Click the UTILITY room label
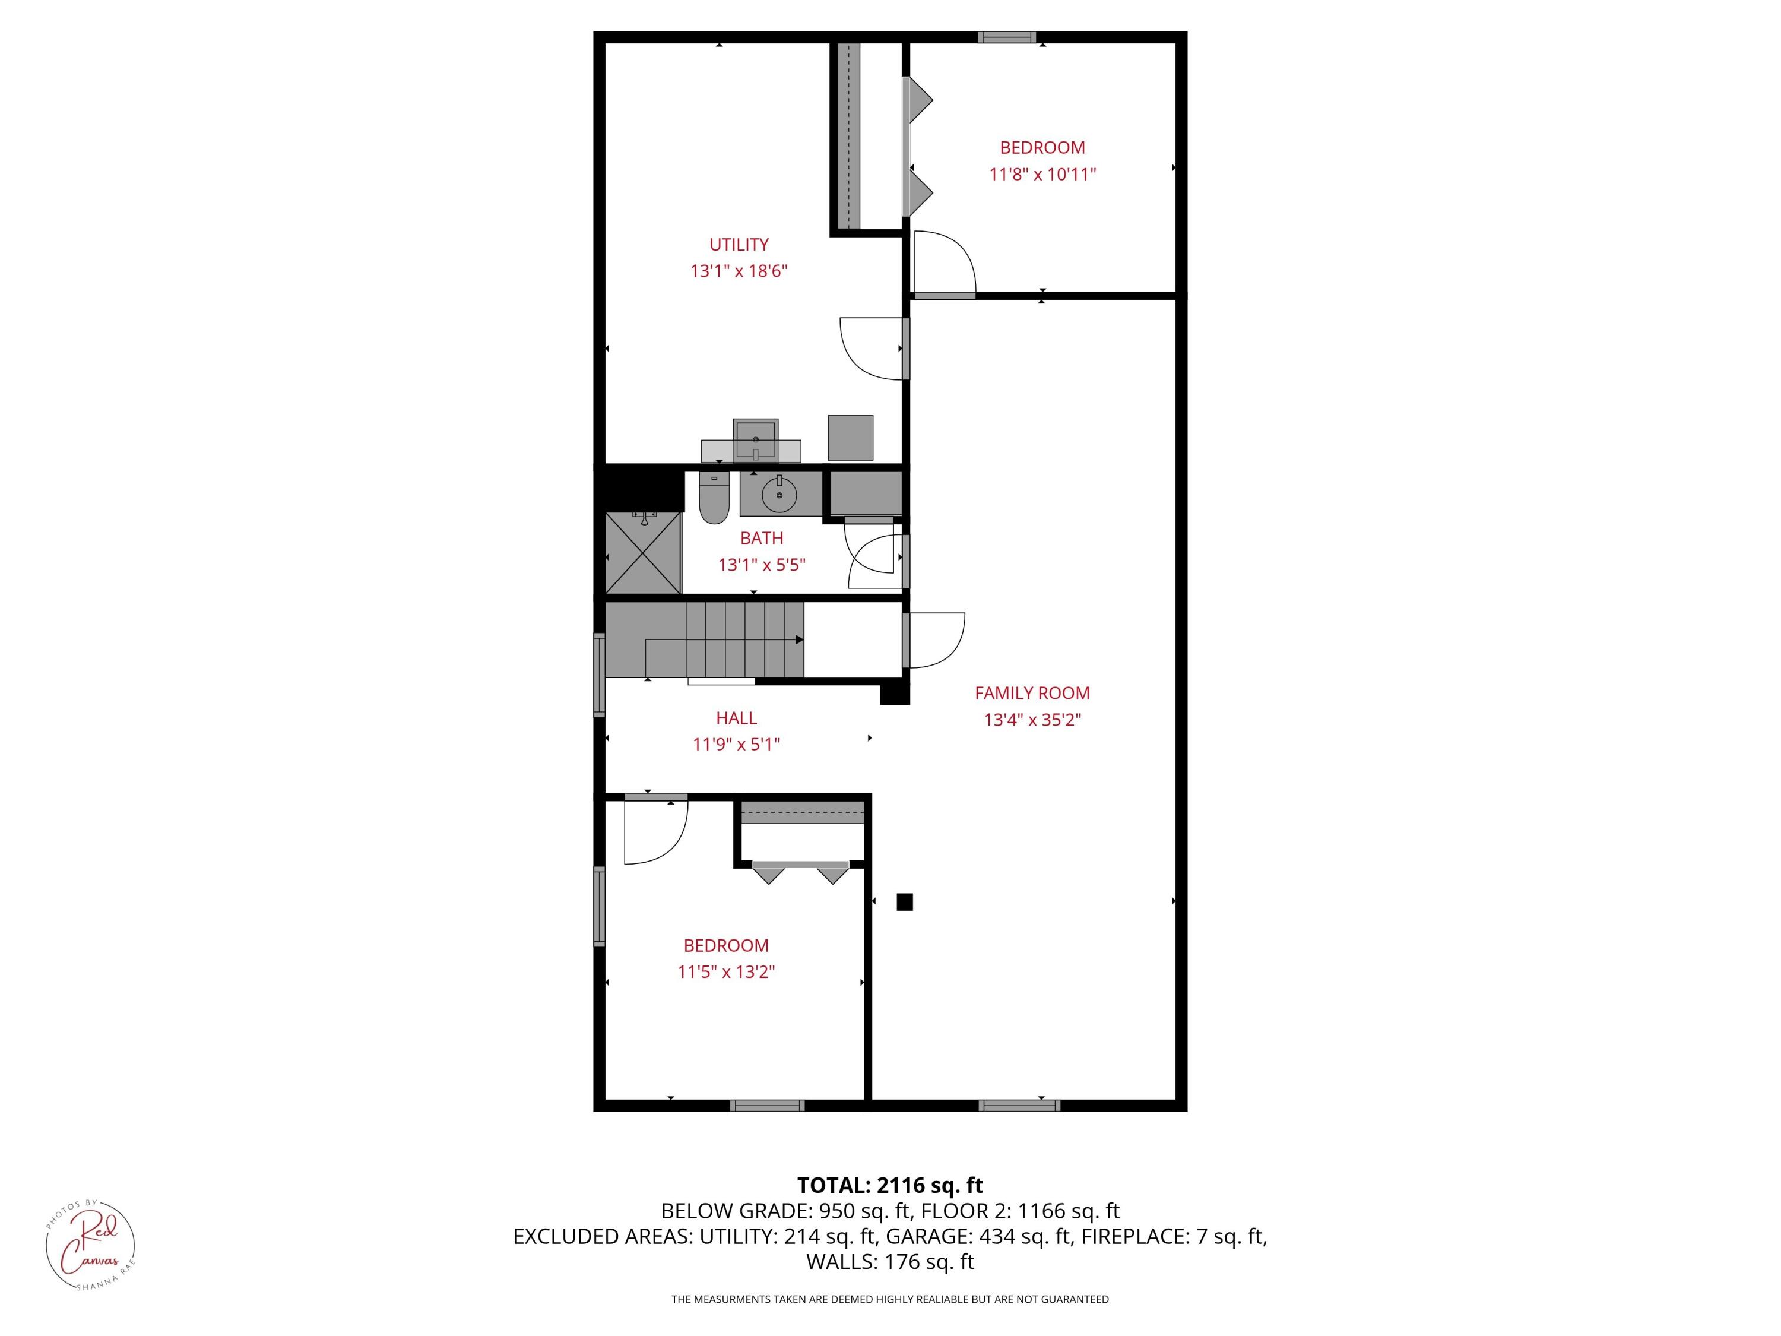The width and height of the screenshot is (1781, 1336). (739, 244)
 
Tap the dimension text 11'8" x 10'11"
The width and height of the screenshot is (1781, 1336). (1042, 174)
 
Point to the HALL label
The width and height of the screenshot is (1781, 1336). (736, 717)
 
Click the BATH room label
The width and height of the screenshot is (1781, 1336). (761, 538)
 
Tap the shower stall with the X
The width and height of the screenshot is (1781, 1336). (642, 553)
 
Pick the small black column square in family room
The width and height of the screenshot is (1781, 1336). (904, 902)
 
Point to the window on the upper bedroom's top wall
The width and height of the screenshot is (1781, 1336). (1006, 37)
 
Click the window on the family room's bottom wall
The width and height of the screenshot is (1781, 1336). (1019, 1106)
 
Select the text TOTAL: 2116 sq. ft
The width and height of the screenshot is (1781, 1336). (890, 1185)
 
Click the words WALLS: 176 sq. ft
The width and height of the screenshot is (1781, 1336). (890, 1262)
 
